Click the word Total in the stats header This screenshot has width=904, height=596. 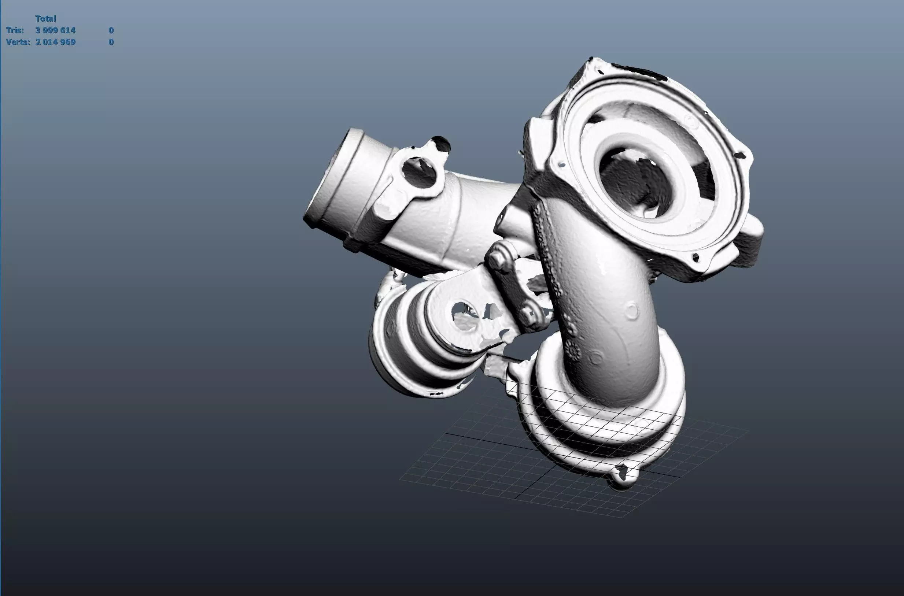coord(45,18)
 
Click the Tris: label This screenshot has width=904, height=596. coord(15,30)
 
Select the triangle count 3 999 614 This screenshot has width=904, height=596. coord(55,30)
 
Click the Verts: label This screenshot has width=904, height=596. coord(18,42)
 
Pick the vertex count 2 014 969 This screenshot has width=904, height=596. coord(55,42)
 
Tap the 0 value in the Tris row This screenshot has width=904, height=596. coord(111,30)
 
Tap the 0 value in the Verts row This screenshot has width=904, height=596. coord(111,42)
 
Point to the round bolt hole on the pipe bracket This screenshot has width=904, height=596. coord(418,173)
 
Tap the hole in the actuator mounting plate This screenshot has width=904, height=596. coord(464,315)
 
